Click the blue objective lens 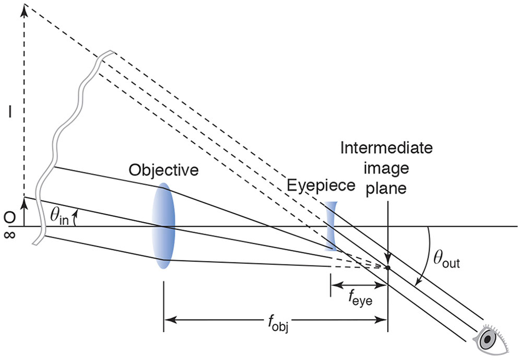click(163, 226)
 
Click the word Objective click(164, 170)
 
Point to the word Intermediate click(386, 148)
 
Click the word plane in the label click(386, 188)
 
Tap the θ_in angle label click(59, 217)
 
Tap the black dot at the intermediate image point click(388, 268)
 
